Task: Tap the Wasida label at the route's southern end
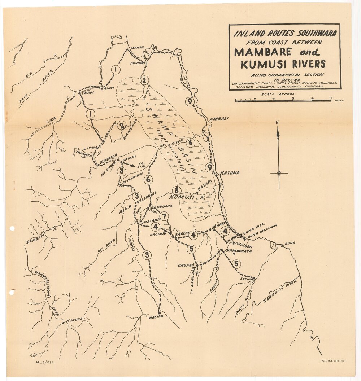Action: coord(156,317)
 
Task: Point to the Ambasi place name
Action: coord(219,119)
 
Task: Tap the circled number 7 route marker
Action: coord(164,216)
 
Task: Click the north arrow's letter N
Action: coord(277,123)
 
